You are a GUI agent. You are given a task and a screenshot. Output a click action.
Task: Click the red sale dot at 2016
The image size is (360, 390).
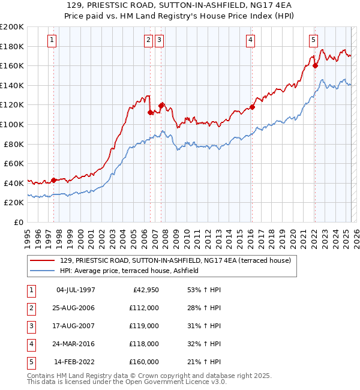[252, 107]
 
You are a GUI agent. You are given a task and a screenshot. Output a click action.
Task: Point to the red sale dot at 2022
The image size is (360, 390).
[315, 66]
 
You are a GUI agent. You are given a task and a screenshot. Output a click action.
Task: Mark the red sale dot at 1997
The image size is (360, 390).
[54, 180]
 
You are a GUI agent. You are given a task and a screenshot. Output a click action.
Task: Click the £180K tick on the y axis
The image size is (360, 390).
[12, 46]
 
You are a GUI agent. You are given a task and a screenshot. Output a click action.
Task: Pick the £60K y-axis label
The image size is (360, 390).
[13, 163]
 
